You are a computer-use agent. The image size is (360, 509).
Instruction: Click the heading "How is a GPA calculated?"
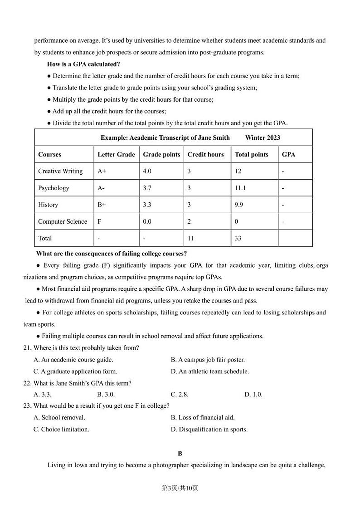(83, 64)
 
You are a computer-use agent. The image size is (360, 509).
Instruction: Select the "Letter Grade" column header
(116, 154)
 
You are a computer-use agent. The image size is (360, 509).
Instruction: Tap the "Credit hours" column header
(205, 154)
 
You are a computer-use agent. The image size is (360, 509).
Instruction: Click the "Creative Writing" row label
(60, 171)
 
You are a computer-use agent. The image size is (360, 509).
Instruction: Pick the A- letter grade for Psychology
(101, 188)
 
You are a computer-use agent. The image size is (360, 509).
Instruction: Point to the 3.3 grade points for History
(147, 205)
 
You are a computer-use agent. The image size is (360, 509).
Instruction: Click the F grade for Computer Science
(99, 221)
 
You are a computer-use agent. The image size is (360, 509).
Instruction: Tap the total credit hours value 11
(190, 238)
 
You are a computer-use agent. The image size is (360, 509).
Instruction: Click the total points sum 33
(238, 238)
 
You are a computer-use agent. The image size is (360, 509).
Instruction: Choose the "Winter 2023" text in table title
(263, 137)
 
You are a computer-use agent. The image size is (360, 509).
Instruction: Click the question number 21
(27, 348)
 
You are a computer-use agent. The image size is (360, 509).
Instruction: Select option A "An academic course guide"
(73, 360)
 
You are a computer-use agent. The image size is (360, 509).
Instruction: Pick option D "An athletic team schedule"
(209, 372)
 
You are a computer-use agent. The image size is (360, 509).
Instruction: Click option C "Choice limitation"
(61, 430)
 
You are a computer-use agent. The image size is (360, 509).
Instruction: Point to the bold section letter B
(180, 453)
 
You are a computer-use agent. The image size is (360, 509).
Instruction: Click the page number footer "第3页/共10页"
(180, 488)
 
